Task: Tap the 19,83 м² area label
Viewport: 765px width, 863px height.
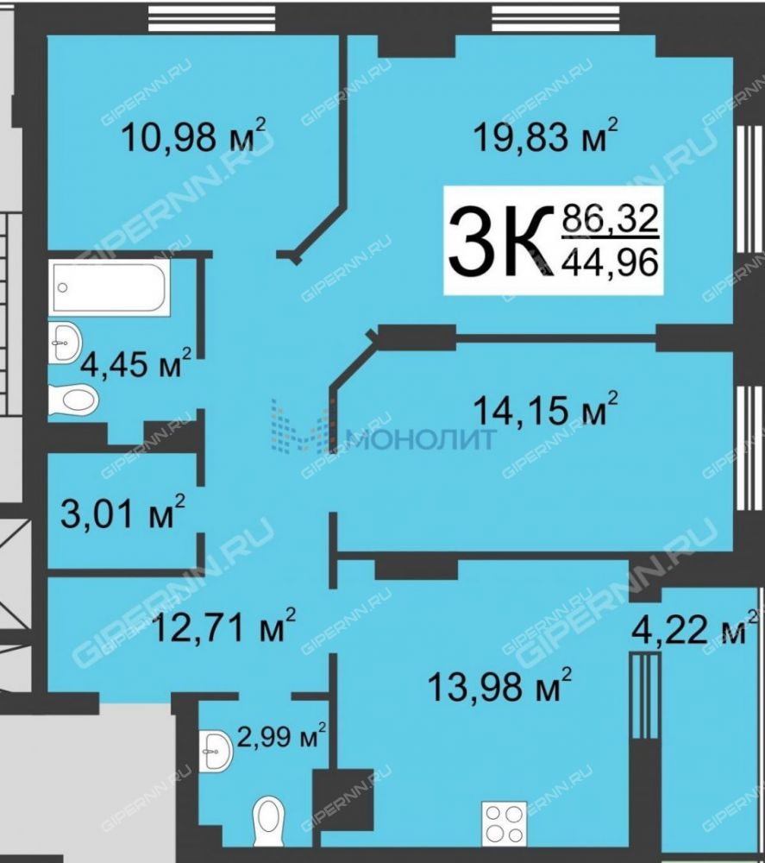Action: coord(546,135)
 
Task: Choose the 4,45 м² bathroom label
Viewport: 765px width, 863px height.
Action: coord(136,362)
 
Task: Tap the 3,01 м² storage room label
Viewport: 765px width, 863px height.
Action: coord(123,512)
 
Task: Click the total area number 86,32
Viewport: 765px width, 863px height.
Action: coord(610,218)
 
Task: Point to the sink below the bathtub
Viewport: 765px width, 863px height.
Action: coord(65,343)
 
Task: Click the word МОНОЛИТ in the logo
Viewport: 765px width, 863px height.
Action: coord(421,439)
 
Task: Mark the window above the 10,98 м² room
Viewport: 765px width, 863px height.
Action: coord(213,17)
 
